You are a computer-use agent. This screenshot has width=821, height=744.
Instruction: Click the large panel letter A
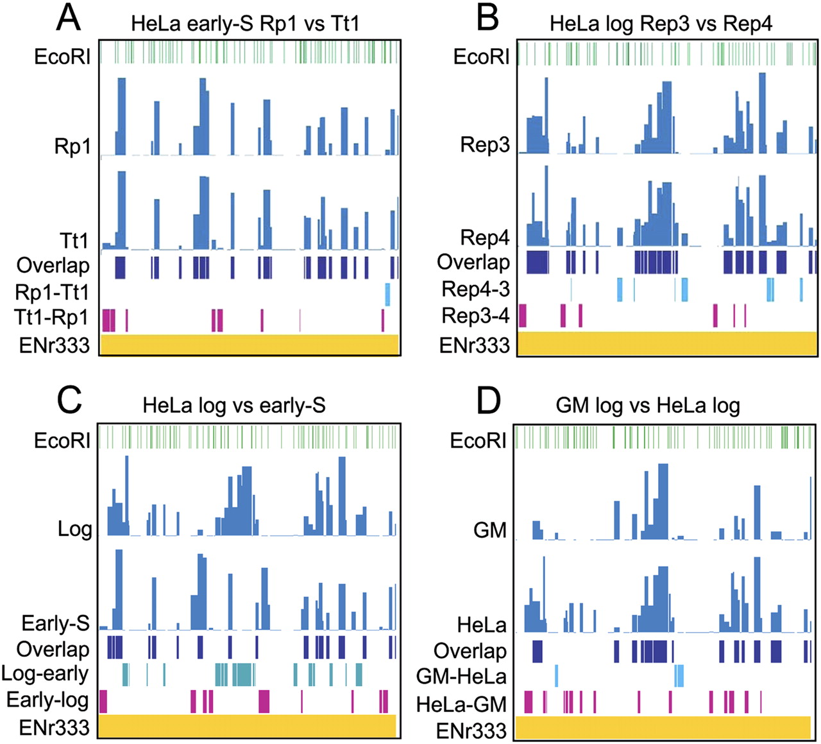tap(68, 18)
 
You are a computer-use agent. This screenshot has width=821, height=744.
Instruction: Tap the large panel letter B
tap(487, 18)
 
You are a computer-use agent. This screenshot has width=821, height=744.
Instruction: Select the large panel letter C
tap(69, 400)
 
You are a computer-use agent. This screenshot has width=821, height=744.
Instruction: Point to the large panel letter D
tap(489, 401)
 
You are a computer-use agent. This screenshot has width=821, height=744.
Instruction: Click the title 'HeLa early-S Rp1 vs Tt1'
tap(245, 24)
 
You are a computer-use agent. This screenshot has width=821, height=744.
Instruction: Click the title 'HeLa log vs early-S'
tap(234, 406)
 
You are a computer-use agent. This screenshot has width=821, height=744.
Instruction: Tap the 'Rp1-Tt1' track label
tap(53, 293)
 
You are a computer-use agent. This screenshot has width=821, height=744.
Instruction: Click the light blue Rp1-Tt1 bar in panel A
tap(387, 294)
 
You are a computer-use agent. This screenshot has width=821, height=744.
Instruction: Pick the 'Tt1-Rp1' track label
tap(53, 318)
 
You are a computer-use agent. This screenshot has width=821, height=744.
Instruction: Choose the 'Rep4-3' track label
tap(475, 289)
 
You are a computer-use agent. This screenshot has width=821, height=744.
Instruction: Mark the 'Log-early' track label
tap(45, 673)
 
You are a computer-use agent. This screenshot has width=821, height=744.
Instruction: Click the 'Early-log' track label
tap(47, 700)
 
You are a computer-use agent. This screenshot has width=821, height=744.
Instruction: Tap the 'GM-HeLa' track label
tap(461, 676)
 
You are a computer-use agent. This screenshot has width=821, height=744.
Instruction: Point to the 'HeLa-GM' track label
tap(461, 704)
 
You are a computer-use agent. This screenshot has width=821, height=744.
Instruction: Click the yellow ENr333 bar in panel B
tap(667, 343)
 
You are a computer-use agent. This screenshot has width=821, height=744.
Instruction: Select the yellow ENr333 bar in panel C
tap(248, 725)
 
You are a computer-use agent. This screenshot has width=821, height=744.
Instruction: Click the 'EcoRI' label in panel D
tap(478, 440)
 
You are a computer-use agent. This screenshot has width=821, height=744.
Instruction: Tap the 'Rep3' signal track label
tap(485, 145)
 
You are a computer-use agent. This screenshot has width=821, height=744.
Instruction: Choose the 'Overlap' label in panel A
tap(53, 265)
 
